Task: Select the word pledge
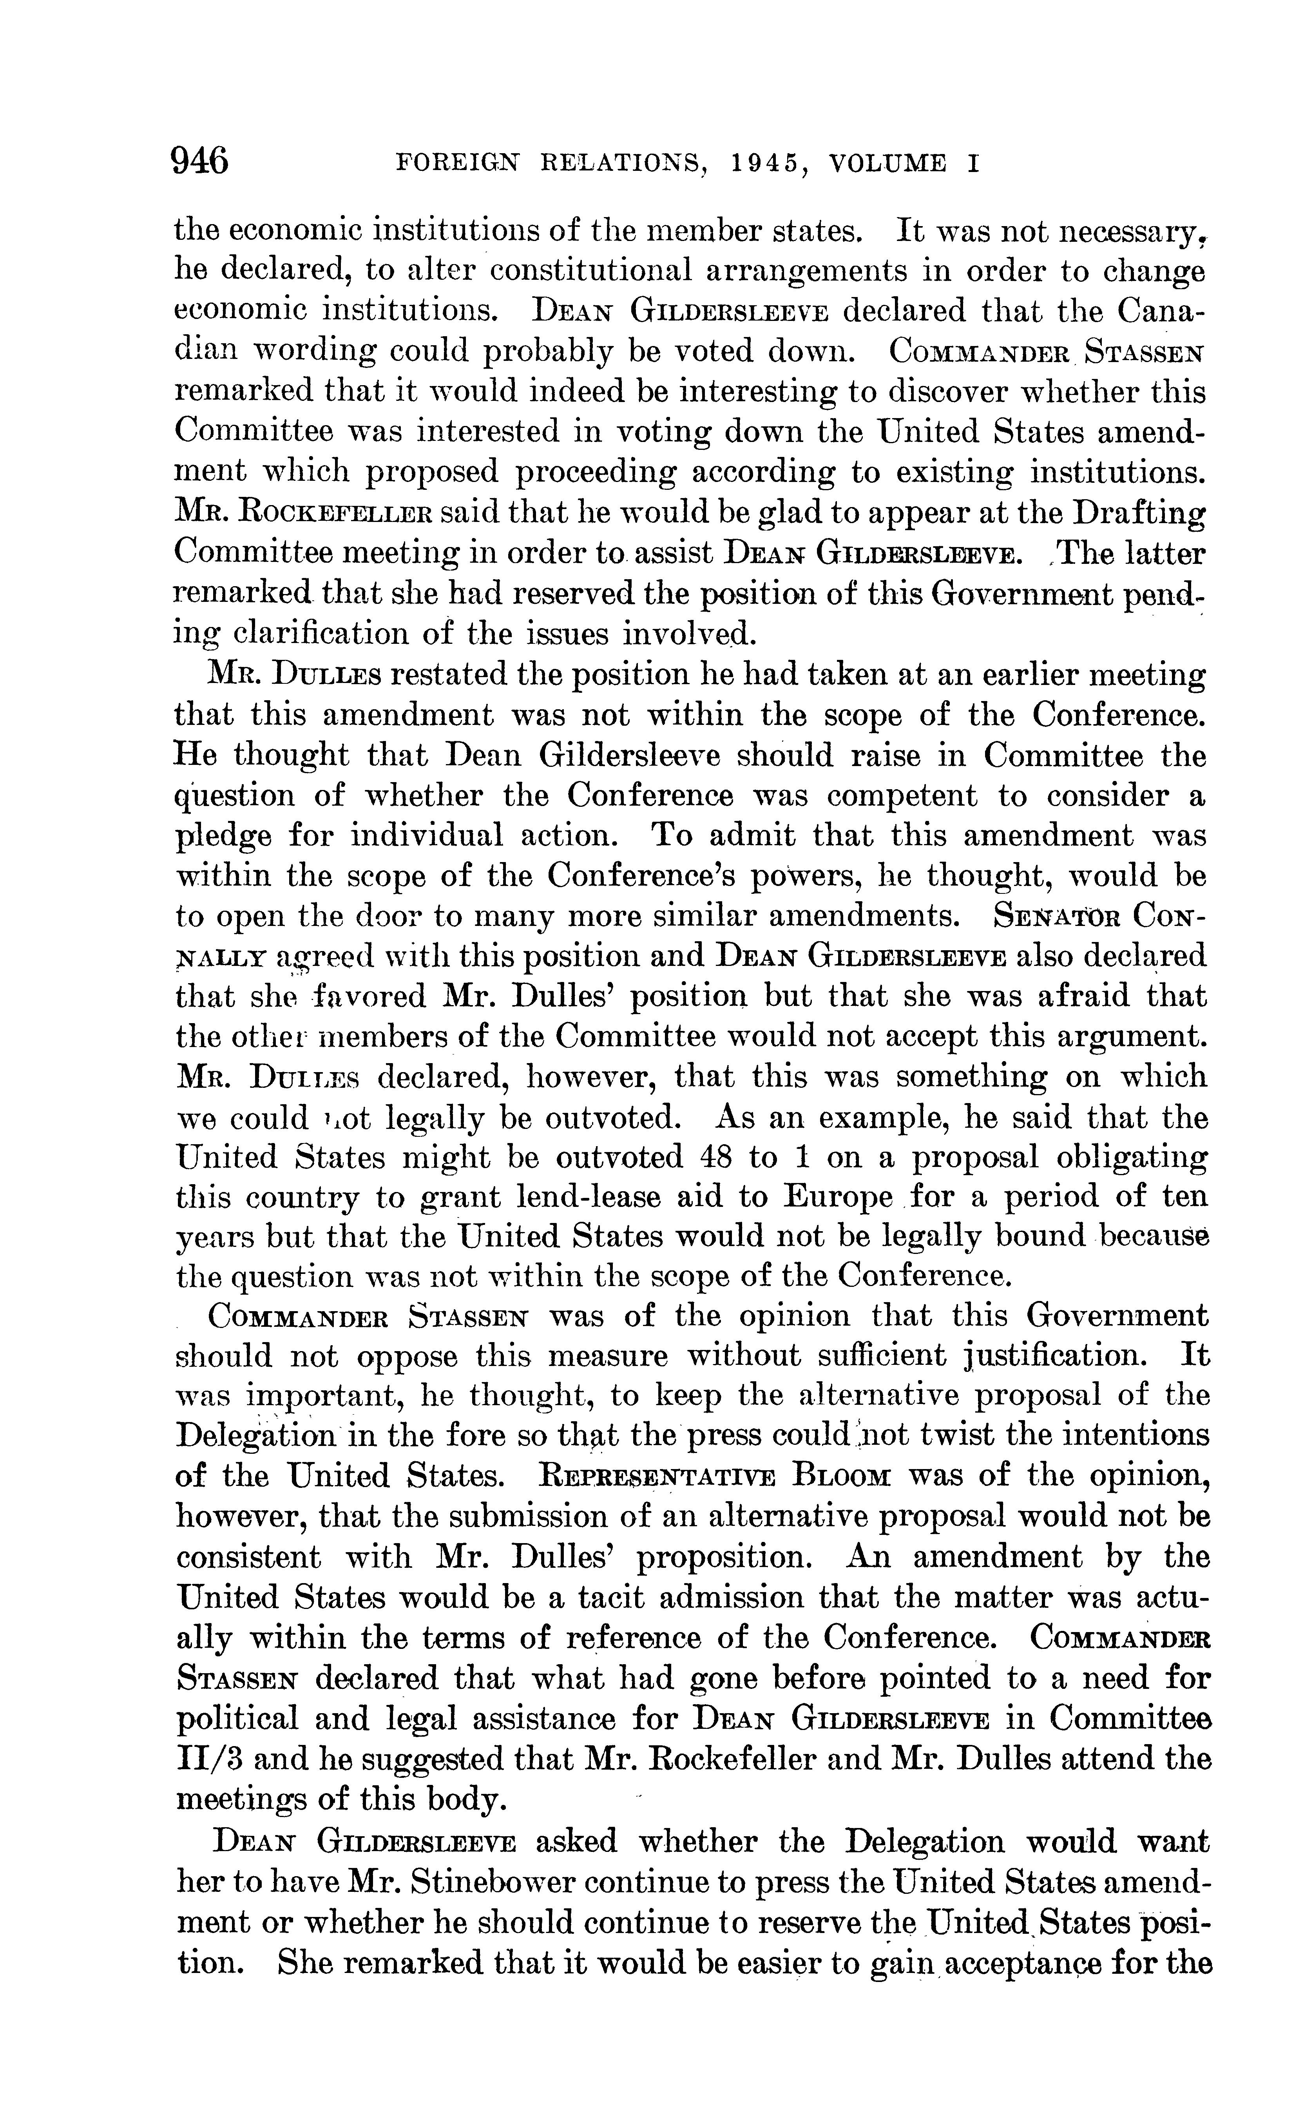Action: [x=224, y=836]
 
